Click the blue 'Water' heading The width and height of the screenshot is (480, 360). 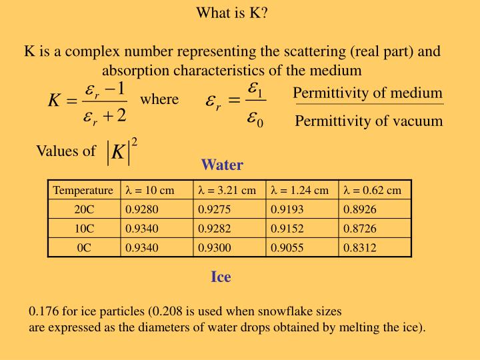point(222,164)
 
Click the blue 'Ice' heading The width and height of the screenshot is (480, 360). point(221,277)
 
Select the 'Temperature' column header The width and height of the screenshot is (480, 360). point(83,190)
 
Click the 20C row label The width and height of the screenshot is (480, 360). point(84,209)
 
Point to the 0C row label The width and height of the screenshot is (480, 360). point(84,247)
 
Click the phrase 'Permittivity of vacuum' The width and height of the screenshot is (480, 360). point(369,121)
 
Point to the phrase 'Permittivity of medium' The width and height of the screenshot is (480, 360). point(367,93)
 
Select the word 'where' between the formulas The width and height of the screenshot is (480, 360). point(159,99)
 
